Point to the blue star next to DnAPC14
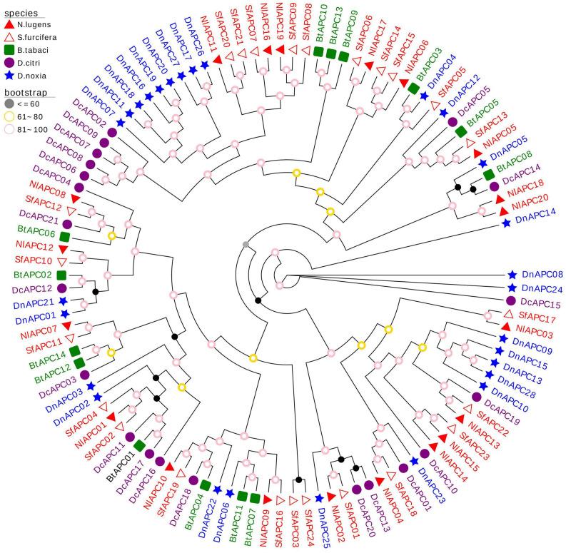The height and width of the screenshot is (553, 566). coord(506,223)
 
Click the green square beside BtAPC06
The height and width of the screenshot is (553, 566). coord(65,236)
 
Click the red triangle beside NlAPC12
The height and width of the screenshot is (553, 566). coord(63,249)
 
